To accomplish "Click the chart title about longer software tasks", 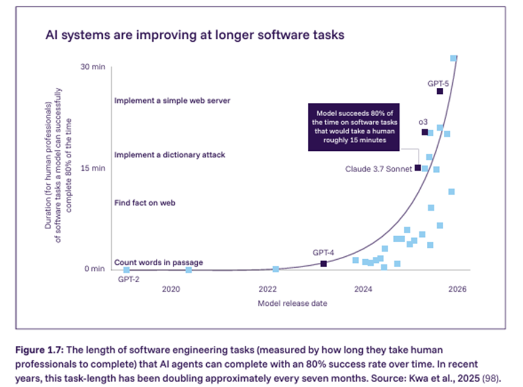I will pos(195,35).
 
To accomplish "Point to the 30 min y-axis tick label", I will pos(93,66).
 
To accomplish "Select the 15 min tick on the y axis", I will pos(93,168).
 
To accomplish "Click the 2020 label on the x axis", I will pos(172,289).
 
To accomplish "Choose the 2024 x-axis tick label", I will pos(362,289).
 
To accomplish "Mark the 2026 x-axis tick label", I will pos(457,289).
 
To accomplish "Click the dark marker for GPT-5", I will pos(440,91).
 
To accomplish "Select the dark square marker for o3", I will pos(424,132).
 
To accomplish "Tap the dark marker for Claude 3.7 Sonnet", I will pos(417,168).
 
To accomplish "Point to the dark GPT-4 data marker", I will pos(323,263).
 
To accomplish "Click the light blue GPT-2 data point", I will pos(126,270).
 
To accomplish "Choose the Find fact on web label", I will pos(145,203).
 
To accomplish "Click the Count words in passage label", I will pos(158,262).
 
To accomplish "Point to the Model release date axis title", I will pos(292,303).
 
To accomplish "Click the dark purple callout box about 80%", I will pos(354,127).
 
